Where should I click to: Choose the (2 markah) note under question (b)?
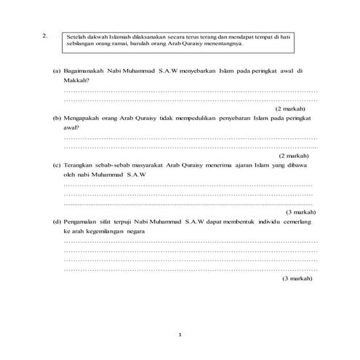point(296,156)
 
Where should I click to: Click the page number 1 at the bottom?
point(180,335)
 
